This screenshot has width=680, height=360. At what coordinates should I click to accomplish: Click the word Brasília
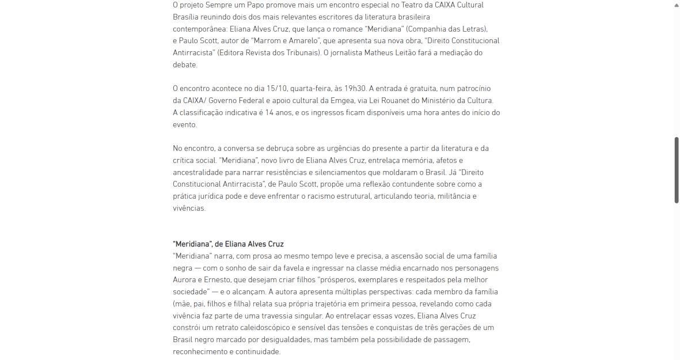pyautogui.click(x=185, y=17)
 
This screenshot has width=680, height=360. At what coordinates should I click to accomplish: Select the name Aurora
pyautogui.click(x=184, y=280)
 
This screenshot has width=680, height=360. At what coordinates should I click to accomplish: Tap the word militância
pyautogui.click(x=451, y=196)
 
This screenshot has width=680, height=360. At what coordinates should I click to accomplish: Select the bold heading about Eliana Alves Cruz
pyautogui.click(x=228, y=244)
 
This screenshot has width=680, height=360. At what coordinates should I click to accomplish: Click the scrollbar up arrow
pyautogui.click(x=677, y=5)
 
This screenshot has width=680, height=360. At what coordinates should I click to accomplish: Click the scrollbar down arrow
pyautogui.click(x=677, y=355)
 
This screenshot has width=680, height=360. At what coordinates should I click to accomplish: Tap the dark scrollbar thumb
pyautogui.click(x=677, y=170)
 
